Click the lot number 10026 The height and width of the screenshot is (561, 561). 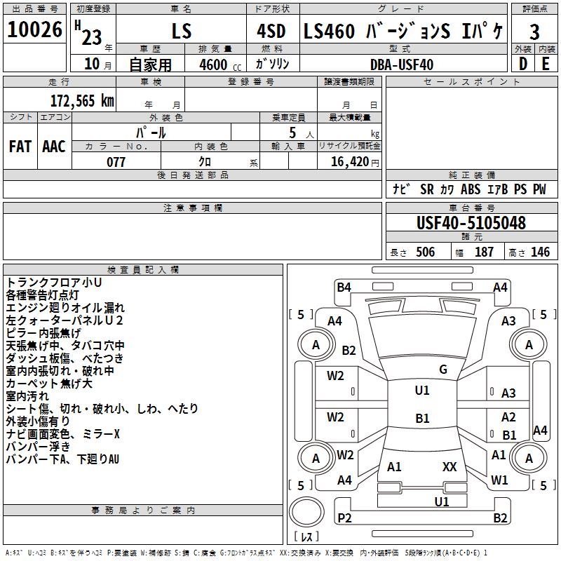point(34,29)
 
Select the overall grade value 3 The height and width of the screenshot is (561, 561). point(534,32)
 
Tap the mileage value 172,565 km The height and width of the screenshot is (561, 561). point(82,101)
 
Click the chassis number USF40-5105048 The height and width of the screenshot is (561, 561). point(471,223)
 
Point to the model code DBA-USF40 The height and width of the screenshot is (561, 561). point(402,65)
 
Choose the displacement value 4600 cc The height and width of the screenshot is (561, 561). point(220,65)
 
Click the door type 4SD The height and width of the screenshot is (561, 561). point(271,31)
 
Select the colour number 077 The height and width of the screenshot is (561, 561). point(116,162)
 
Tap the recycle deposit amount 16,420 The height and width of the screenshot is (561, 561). point(350,162)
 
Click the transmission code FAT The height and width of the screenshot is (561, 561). point(20,147)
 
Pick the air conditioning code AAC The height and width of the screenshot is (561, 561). point(54,147)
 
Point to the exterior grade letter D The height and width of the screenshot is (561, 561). point(523,64)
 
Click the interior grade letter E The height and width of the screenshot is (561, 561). point(546,64)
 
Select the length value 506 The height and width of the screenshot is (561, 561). point(426,252)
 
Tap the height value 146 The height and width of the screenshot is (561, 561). point(540,252)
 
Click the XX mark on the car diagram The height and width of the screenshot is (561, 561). point(450,466)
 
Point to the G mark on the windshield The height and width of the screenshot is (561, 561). point(443,369)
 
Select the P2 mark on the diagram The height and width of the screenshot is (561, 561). point(344,518)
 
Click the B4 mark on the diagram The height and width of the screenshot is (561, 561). point(344,287)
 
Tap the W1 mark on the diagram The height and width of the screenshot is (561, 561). point(499,480)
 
